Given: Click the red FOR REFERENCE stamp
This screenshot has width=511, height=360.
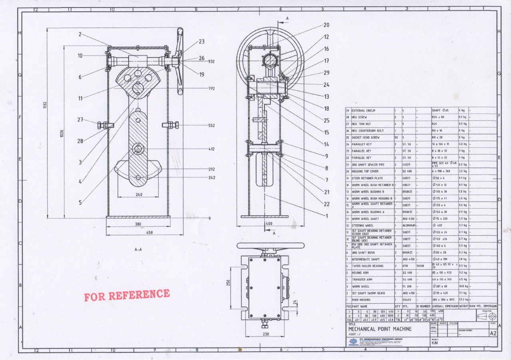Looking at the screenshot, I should (127, 295).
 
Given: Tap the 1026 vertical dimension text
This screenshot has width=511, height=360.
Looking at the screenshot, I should (62, 133).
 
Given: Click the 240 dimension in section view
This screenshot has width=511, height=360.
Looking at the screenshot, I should (138, 195).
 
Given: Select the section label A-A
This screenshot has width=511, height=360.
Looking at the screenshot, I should (138, 249).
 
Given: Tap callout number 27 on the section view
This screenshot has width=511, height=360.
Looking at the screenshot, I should (80, 119).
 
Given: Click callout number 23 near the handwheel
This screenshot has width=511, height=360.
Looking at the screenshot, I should (201, 41).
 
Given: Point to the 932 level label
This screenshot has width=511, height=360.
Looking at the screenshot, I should (211, 62).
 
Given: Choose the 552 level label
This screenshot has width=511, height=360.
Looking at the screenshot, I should (211, 125).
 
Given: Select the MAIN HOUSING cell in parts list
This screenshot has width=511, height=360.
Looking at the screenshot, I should (362, 300).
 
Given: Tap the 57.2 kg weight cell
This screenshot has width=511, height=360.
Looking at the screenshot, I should (463, 300).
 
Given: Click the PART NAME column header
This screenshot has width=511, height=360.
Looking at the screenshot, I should (361, 306).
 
